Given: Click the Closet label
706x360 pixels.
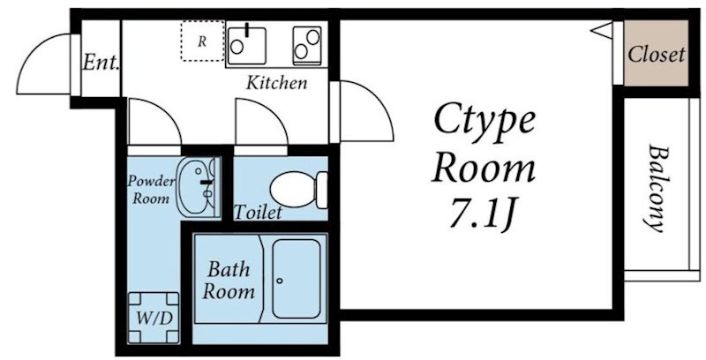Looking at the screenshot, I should click(x=656, y=55).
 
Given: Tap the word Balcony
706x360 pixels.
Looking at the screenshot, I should click(x=657, y=187).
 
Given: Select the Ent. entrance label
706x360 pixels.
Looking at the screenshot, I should click(x=101, y=63).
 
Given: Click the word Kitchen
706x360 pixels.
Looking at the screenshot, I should click(x=276, y=84).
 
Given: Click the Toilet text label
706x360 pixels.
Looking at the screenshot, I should click(x=259, y=213).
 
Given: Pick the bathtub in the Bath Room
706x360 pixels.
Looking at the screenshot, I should click(x=299, y=279).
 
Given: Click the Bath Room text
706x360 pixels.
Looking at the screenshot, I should click(x=229, y=280).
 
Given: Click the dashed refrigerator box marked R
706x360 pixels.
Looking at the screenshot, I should click(x=201, y=41).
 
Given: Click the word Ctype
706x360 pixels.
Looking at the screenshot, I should click(x=483, y=119).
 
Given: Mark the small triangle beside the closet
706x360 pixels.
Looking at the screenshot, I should click(x=602, y=32).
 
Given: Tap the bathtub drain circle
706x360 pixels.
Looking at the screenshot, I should click(x=279, y=281).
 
